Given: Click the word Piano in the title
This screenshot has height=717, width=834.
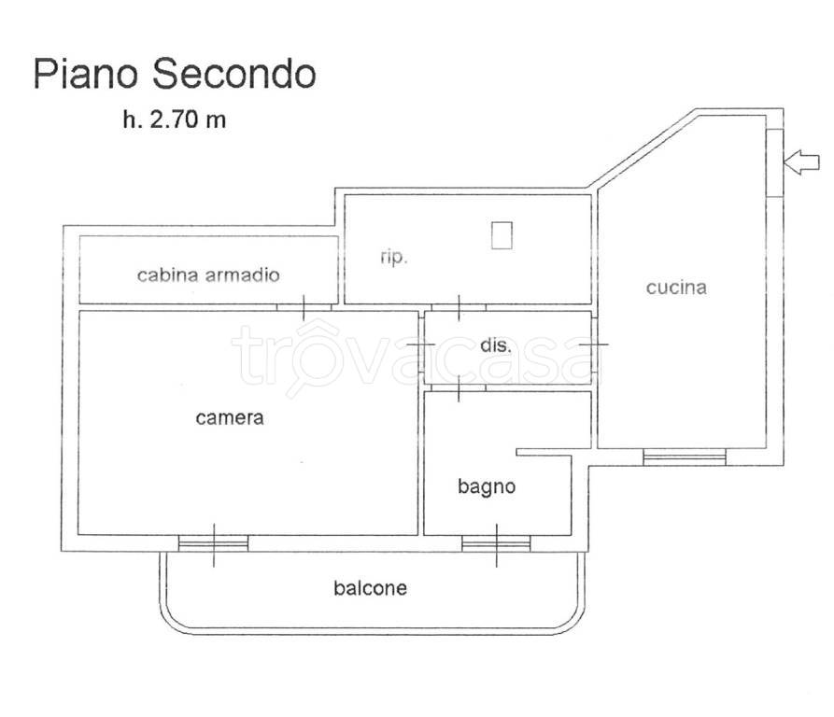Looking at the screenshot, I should coord(87,74).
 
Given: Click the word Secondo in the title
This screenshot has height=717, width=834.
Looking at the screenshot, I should coord(233,74).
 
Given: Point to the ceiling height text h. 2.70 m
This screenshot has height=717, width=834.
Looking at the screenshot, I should coord(174,120).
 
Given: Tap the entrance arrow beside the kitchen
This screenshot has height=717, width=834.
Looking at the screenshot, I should coord(801,162).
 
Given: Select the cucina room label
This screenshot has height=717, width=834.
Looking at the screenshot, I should coord(676,288).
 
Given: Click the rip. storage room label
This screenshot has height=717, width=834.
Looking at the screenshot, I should coord(394,258).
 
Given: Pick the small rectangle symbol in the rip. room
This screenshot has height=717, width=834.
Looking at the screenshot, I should coord(502,234).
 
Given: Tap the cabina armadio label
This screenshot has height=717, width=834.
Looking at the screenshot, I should coord(208,274).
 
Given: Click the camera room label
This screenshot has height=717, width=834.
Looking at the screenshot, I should coord(230,418).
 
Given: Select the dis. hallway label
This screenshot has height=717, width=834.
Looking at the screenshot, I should coord(495,344).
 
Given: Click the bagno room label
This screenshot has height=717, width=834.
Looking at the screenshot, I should coord(487,486).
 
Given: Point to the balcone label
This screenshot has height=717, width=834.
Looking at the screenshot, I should coord(371,588).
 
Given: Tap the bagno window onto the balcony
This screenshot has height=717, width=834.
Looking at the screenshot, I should coord(496,543).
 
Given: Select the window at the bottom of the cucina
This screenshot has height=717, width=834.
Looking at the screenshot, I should coord(685,456).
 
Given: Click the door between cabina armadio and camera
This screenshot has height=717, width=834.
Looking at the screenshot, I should coord(304,306).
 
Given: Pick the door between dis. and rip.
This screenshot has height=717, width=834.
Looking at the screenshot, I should coord(459,307).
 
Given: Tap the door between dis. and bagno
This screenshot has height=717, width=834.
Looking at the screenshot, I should coord(459,387).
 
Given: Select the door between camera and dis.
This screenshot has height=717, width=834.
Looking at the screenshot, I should coord(421,345).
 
